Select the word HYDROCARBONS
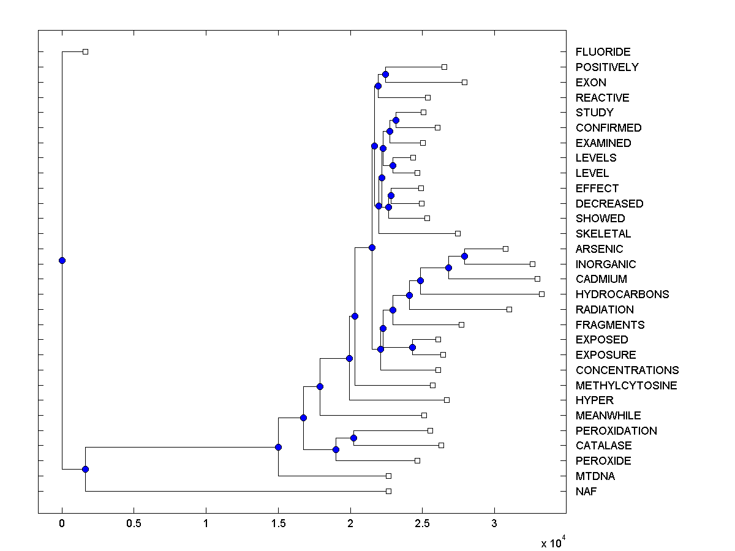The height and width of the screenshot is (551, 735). coord(622,294)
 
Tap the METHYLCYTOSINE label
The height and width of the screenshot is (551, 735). coord(626,386)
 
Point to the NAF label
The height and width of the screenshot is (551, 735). coord(586,492)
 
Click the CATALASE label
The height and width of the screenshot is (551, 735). coord(603,446)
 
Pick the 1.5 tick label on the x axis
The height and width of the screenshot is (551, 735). coord(278,523)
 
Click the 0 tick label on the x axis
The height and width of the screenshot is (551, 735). coord(62,523)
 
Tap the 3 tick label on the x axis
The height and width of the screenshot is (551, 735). coord(494,523)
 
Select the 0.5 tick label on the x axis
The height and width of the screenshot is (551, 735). coord(134,523)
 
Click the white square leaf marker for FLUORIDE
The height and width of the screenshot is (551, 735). coord(85,51)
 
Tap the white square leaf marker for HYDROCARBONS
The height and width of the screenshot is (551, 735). coord(541,294)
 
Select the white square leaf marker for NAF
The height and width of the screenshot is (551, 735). coord(388,491)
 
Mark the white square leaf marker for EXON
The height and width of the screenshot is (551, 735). coord(464,82)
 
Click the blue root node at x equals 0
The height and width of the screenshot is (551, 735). coord(62,260)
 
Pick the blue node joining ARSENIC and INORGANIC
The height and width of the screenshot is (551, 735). coord(464,256)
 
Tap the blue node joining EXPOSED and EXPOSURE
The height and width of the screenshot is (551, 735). coord(412,347)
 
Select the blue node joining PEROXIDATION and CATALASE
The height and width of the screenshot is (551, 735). coord(353,438)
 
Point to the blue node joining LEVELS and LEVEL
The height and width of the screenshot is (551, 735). coord(393,165)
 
